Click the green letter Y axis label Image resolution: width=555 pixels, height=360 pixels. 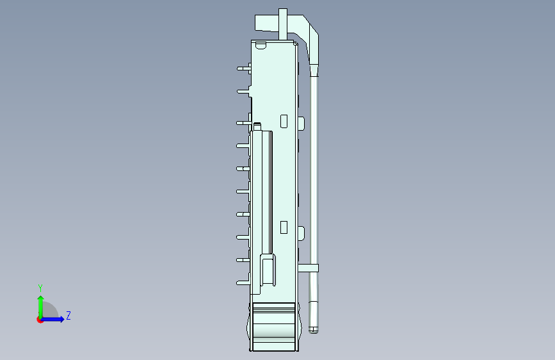tap(40, 288)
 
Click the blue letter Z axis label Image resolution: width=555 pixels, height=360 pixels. tap(68, 315)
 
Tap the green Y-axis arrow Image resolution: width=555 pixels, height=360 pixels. tap(41, 307)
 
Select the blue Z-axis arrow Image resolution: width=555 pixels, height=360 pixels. tap(52, 319)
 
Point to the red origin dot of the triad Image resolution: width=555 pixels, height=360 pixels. tap(40, 320)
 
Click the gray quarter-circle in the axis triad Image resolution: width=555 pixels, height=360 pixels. tap(49, 311)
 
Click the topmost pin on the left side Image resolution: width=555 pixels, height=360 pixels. tap(244, 69)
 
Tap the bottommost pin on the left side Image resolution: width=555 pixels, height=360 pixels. tap(243, 282)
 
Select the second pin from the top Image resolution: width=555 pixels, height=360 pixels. tap(243, 92)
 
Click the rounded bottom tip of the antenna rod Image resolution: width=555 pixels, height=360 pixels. tap(313, 331)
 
